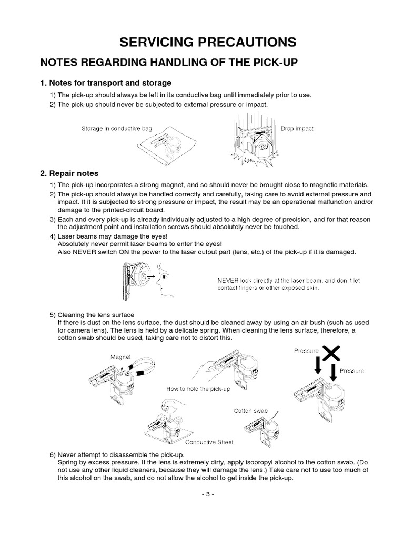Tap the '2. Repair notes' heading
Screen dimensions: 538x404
[69, 173]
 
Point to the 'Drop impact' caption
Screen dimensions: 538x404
[297, 129]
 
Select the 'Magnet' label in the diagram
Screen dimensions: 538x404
[120, 357]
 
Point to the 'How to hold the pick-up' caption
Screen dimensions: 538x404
[198, 389]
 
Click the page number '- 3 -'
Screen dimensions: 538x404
[202, 494]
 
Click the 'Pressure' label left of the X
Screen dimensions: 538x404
[306, 350]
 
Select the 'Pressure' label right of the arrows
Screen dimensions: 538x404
[351, 371]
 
